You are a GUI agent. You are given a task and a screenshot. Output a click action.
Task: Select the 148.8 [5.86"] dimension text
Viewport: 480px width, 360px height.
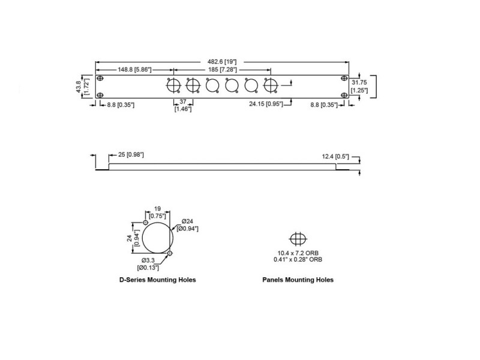click(x=134, y=70)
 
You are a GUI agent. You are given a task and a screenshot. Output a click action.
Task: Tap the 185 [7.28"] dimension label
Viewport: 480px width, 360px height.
click(x=223, y=70)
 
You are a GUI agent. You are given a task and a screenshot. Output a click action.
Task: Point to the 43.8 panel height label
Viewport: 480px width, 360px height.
click(x=79, y=86)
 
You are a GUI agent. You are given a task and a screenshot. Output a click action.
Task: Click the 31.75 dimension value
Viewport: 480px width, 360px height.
click(x=359, y=82)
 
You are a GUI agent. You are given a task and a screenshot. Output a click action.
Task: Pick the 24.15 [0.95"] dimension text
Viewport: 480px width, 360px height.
click(x=266, y=104)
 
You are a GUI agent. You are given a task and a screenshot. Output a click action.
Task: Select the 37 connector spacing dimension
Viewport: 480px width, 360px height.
click(x=183, y=101)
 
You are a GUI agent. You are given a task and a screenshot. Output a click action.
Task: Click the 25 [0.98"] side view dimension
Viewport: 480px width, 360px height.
click(x=131, y=155)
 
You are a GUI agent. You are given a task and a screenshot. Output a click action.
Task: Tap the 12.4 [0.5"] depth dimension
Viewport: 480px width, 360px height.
click(x=335, y=157)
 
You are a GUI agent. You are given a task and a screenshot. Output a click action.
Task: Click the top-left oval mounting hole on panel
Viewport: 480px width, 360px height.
click(x=100, y=79)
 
